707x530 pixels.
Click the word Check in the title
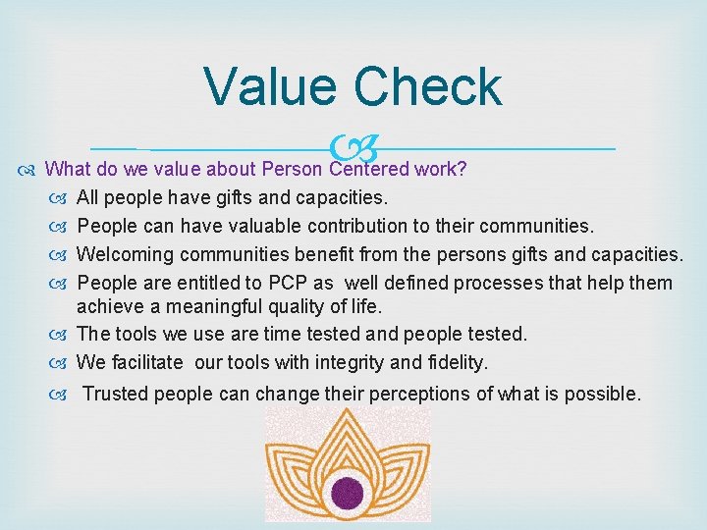(428, 86)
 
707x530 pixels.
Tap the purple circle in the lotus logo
(347, 490)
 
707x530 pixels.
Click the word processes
(508, 283)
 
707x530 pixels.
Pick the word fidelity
(455, 362)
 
